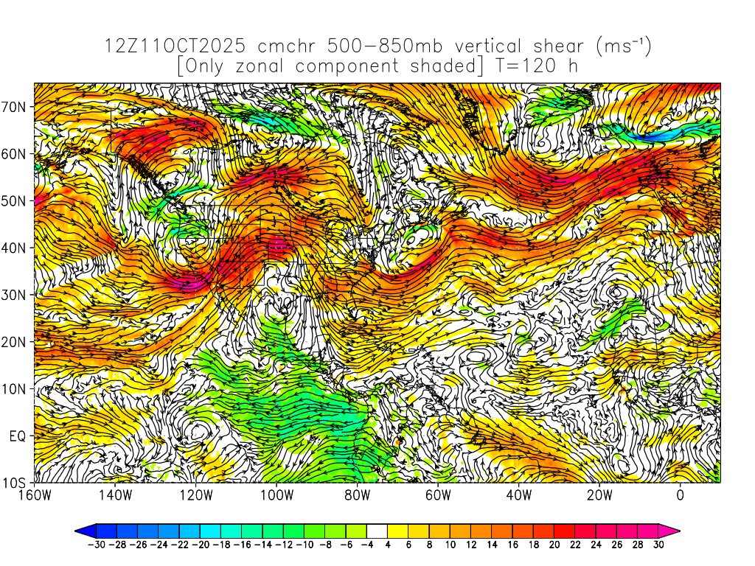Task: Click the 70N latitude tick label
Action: coord(15,107)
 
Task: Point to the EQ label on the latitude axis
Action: coord(18,436)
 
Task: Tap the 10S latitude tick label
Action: coord(15,483)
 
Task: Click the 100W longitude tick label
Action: coord(276,495)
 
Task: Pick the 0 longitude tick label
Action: coord(681,495)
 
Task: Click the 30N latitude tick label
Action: coord(15,295)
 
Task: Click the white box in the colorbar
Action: coord(377,530)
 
